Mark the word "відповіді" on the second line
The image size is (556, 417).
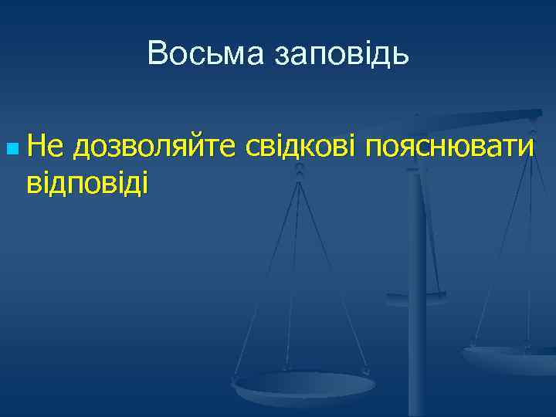pos(86,183)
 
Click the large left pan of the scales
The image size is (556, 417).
pos(303,384)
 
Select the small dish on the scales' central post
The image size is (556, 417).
pos(415,296)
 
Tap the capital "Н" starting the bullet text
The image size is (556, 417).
pos(36,144)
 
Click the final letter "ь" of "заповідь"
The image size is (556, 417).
pos(399,54)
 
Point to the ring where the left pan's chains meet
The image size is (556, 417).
pos(300,174)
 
